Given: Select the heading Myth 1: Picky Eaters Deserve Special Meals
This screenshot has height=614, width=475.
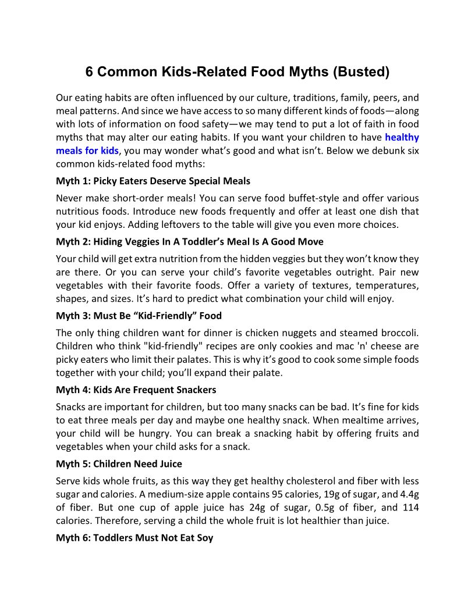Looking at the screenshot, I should [153, 181].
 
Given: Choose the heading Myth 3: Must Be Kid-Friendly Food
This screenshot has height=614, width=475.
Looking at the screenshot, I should [139, 316].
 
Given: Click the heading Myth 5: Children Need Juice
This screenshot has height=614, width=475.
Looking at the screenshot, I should [119, 463].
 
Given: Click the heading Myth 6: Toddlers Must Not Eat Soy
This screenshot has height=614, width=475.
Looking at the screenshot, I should [134, 538].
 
